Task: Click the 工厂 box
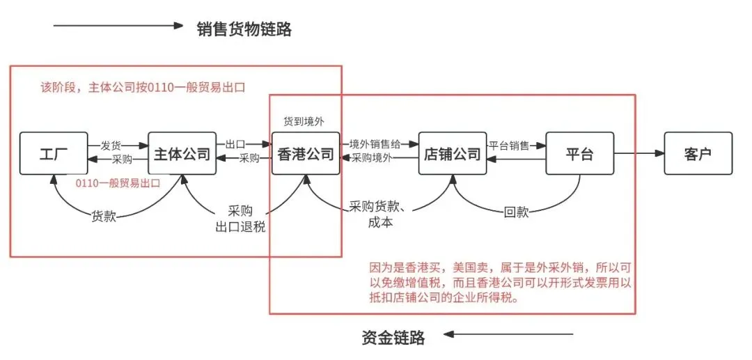pyautogui.click(x=53, y=153)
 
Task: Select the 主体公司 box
pyautogui.click(x=182, y=153)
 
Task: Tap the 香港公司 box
pyautogui.click(x=305, y=153)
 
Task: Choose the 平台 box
pyautogui.click(x=579, y=153)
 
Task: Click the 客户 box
pyautogui.click(x=698, y=153)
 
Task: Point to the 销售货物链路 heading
pyautogui.click(x=244, y=29)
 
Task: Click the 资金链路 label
pyautogui.click(x=393, y=338)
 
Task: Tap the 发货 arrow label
pyautogui.click(x=111, y=146)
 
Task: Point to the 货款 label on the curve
pyautogui.click(x=104, y=216)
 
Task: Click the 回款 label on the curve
pyautogui.click(x=516, y=212)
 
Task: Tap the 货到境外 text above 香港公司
pyautogui.click(x=304, y=121)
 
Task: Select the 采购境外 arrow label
pyautogui.click(x=372, y=158)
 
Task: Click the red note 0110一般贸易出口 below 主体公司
pyautogui.click(x=118, y=183)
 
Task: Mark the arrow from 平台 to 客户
pyautogui.click(x=639, y=153)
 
